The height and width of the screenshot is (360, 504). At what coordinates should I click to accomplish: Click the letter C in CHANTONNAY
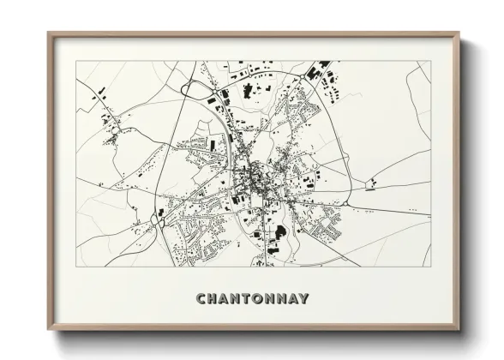[x=201, y=299]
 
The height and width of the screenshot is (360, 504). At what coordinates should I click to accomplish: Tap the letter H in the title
[x=213, y=299]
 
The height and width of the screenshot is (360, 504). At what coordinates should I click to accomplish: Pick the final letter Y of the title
[x=304, y=299]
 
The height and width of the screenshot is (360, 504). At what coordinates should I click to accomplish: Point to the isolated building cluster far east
[x=373, y=182]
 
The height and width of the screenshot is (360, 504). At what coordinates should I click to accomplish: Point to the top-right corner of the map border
[x=431, y=61]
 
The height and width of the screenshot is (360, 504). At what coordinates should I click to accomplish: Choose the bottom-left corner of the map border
[x=76, y=266]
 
